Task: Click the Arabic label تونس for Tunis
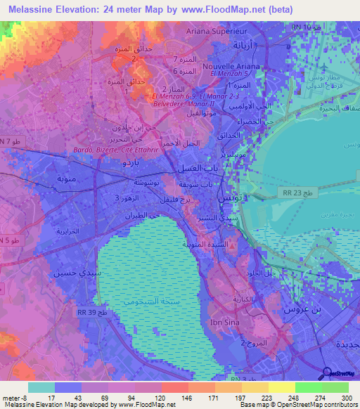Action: tap(228, 200)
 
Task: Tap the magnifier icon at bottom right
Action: tap(326, 373)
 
